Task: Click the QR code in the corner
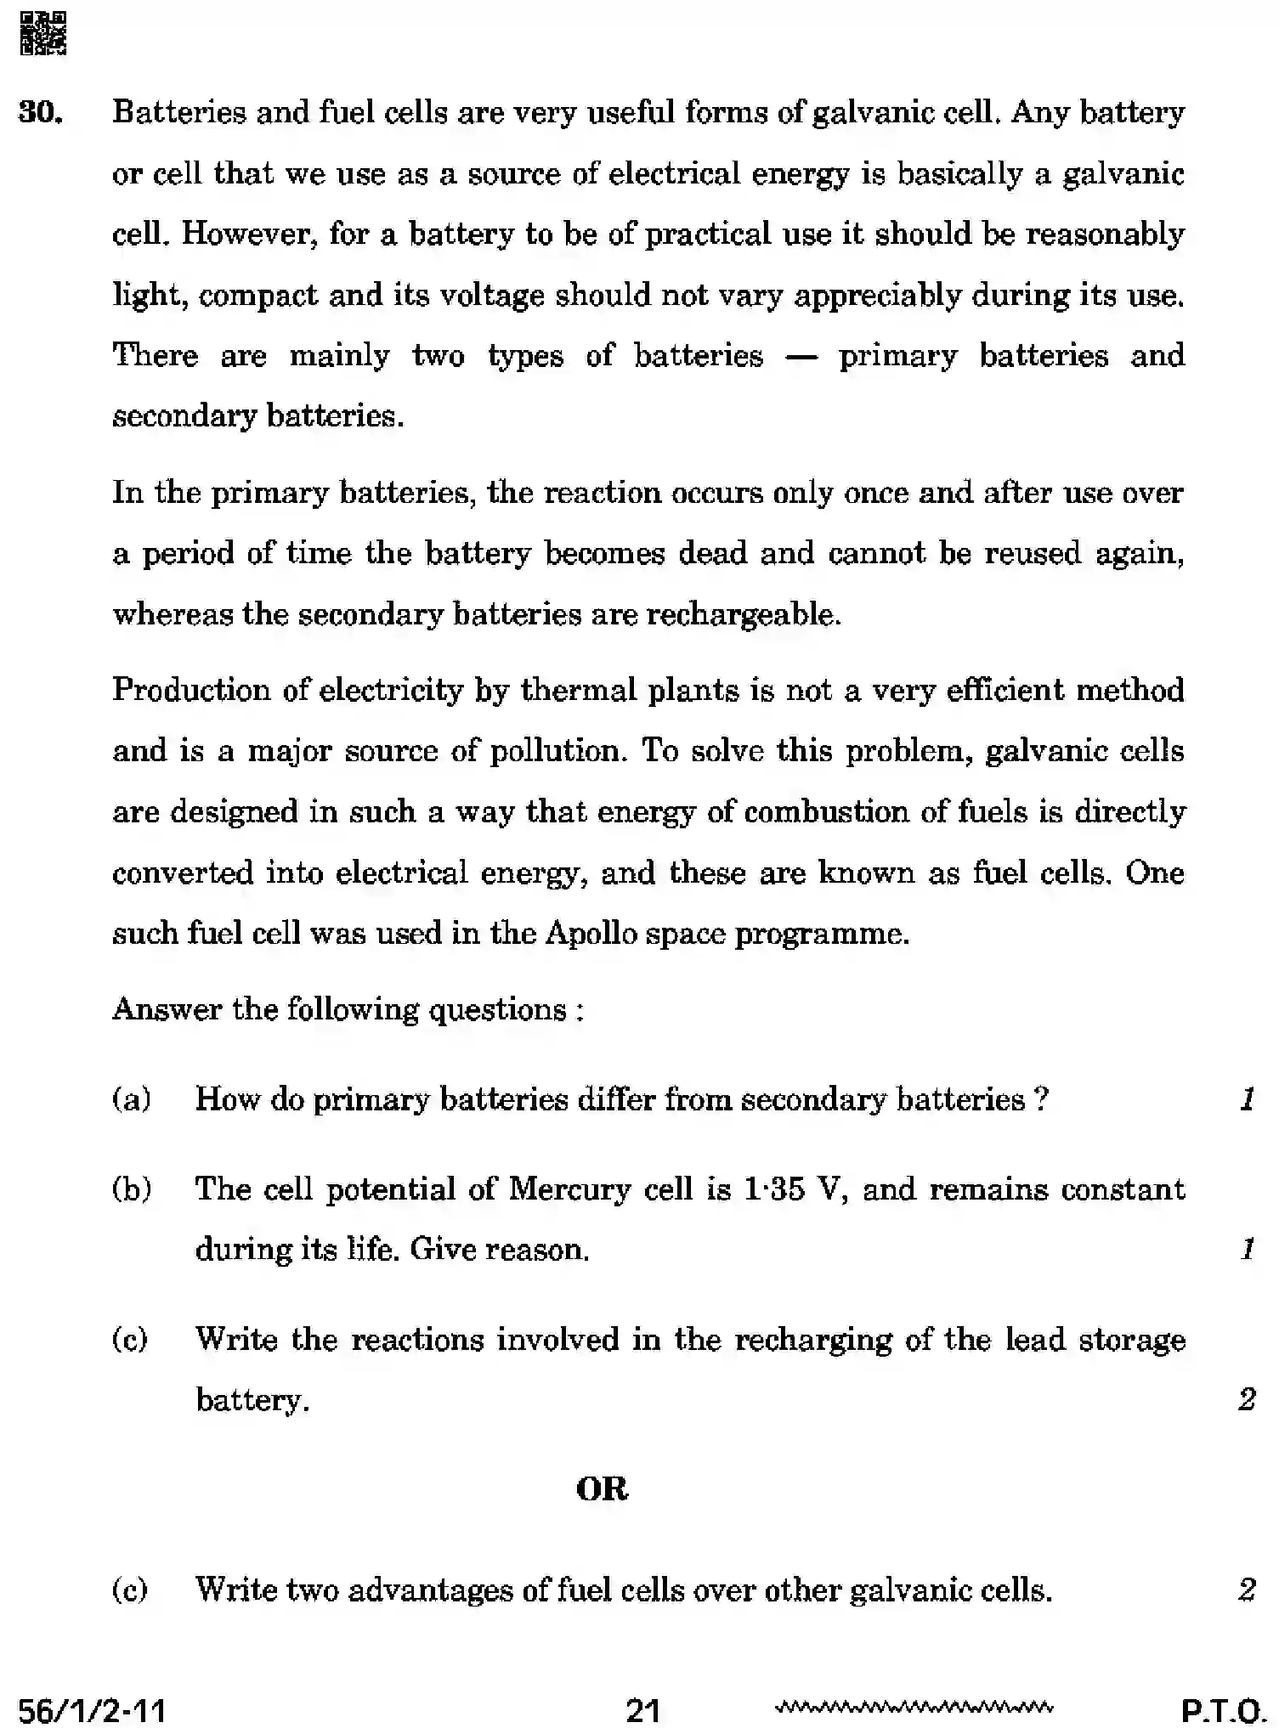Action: (42, 32)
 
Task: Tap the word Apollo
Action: (591, 934)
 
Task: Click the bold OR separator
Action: (602, 1489)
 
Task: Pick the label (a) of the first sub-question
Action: (131, 1099)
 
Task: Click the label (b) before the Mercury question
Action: (131, 1189)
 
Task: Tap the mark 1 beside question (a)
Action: (1247, 1099)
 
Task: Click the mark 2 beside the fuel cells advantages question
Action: (1247, 1589)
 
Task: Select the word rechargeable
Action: (744, 614)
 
